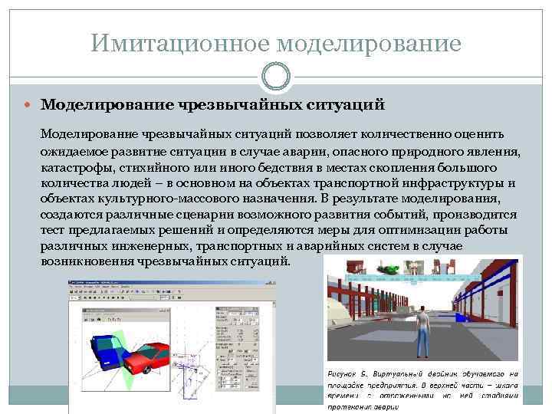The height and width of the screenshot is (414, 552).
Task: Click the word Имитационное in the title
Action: [179, 43]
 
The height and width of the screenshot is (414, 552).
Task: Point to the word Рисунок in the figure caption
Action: [349, 373]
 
